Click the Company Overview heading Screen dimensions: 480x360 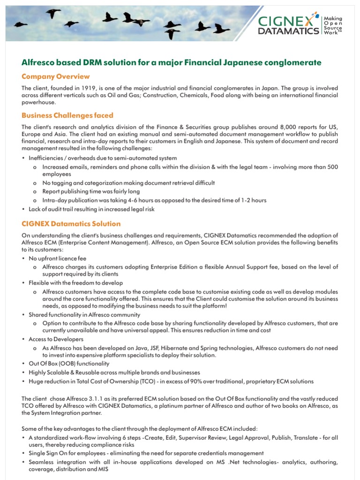point(55,76)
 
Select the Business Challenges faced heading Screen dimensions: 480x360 point(67,115)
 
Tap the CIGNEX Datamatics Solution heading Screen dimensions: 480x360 point(71,224)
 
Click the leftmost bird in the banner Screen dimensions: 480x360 point(21,24)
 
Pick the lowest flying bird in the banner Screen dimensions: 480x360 point(172,34)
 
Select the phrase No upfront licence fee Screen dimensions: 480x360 point(57,258)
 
